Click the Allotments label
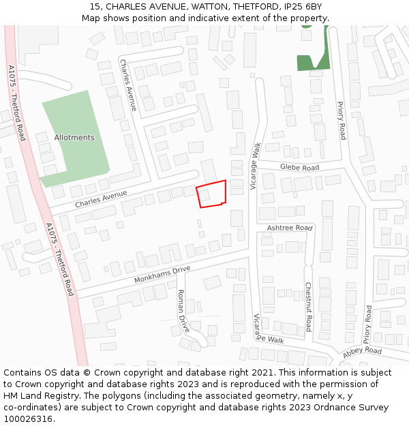74,138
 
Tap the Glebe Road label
299,168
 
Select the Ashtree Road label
289,228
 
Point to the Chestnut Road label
308,307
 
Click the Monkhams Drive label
162,275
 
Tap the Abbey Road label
362,351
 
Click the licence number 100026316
28,419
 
